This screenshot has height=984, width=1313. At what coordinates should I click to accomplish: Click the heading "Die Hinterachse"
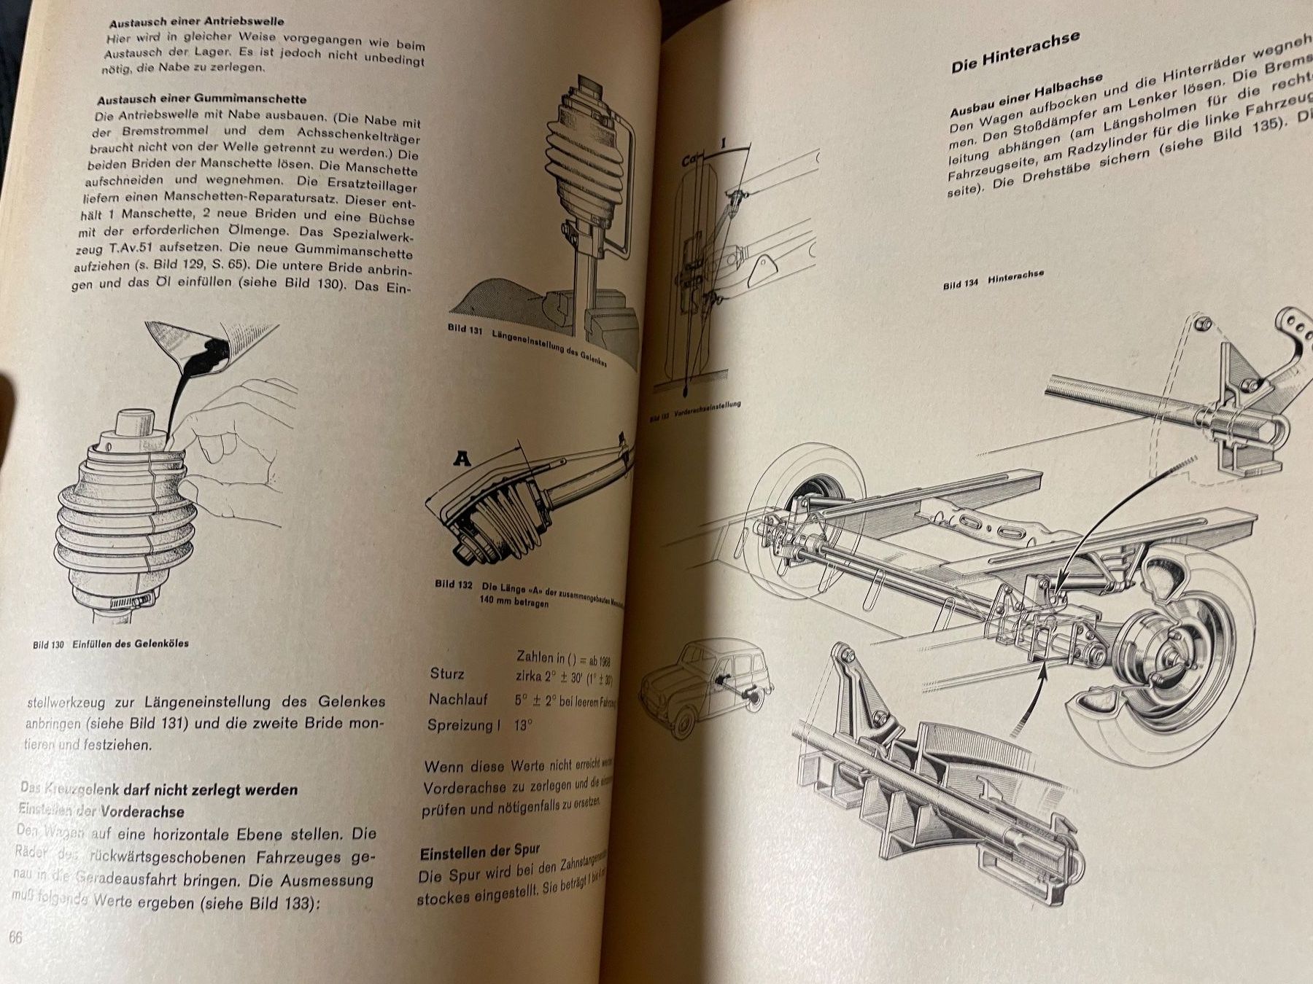1015,52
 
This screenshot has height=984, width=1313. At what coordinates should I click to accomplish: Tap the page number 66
15,937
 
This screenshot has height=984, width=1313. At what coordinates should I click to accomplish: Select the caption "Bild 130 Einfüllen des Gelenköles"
111,644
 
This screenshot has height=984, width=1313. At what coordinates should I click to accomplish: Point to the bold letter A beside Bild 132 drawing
462,458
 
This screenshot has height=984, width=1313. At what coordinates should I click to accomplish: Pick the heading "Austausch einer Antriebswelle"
197,22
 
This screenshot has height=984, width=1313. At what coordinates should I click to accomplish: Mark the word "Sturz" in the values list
446,673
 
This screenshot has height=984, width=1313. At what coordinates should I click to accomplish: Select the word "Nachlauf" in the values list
458,699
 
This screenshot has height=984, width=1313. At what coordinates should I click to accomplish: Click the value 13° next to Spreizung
523,725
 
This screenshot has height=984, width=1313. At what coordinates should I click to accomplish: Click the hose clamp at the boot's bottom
128,601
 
